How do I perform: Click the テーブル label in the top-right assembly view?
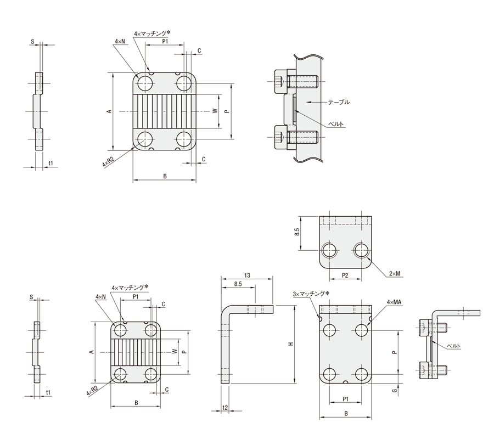pyautogui.click(x=339, y=102)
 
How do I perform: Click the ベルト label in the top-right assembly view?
pyautogui.click(x=336, y=124)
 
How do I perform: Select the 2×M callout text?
pyautogui.click(x=394, y=273)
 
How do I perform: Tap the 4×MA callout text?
pyautogui.click(x=395, y=302)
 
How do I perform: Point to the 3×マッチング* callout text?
pyautogui.click(x=311, y=294)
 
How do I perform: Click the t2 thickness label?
pyautogui.click(x=225, y=408)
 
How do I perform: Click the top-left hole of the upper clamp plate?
pyautogui.click(x=145, y=84)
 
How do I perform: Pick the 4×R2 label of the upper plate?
pyautogui.click(x=108, y=162)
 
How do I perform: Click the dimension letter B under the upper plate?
pyautogui.click(x=165, y=176)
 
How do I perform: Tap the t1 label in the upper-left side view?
pyautogui.click(x=51, y=163)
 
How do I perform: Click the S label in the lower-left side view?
pyautogui.click(x=32, y=297)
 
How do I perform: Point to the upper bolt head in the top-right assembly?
pyautogui.click(x=278, y=82)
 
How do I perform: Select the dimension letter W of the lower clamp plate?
pyautogui.click(x=175, y=352)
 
